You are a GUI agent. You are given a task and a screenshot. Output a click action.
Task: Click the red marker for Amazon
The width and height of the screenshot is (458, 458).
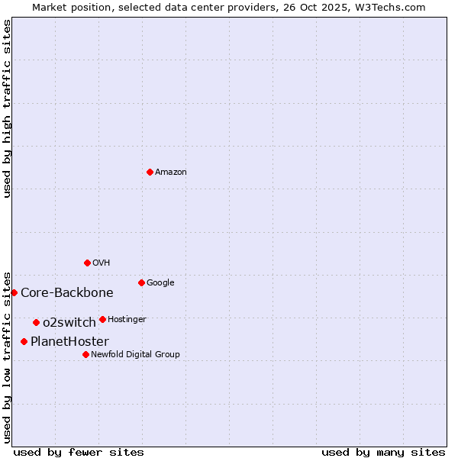[150, 172]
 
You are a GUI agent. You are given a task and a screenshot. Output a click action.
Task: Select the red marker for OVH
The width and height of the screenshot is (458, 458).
[87, 263]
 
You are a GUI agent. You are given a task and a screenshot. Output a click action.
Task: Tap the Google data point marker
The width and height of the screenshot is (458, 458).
[141, 282]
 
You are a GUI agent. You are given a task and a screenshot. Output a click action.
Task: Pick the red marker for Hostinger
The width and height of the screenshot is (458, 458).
[102, 319]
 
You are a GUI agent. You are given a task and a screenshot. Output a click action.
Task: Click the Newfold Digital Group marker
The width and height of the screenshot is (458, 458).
[85, 354]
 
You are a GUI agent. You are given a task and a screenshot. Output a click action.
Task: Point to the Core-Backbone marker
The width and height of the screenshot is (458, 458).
[14, 292]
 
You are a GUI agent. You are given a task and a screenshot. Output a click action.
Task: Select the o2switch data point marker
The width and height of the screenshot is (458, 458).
[36, 322]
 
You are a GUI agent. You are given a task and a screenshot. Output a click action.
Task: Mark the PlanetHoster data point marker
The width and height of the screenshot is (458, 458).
[24, 341]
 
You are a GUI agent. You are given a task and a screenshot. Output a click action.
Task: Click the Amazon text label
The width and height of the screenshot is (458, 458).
[171, 173]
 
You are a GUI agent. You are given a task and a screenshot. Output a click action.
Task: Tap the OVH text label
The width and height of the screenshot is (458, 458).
[102, 263]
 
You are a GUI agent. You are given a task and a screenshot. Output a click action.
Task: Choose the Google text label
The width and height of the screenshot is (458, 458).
[160, 283]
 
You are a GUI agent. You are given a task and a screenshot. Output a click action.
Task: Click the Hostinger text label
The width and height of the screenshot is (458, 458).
[127, 319]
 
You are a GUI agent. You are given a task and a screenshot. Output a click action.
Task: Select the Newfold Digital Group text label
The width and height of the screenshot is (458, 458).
[135, 355]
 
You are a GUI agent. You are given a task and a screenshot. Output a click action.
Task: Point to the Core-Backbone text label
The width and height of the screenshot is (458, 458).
[67, 293]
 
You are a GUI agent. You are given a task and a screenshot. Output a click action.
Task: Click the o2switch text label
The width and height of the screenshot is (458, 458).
[69, 323]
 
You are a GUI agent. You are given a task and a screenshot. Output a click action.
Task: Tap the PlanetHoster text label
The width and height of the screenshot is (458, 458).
[69, 342]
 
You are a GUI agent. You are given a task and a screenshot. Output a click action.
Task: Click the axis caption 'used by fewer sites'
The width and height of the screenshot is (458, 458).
[79, 452]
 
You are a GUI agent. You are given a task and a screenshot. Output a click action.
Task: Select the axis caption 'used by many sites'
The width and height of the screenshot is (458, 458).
[383, 452]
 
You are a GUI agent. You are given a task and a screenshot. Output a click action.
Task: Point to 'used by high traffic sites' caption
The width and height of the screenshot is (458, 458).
[8, 108]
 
